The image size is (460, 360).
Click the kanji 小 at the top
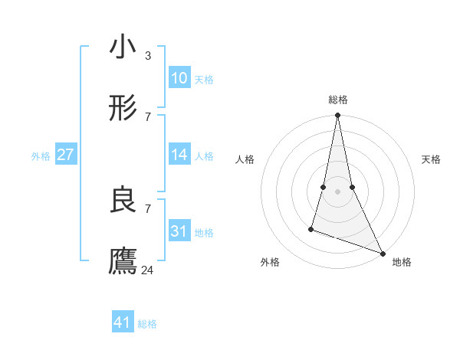click(123, 47)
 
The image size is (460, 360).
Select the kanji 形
click(123, 110)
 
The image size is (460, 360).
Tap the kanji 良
click(123, 201)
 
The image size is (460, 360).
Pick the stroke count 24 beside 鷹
click(148, 270)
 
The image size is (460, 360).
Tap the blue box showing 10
click(179, 78)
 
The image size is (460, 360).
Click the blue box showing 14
click(179, 155)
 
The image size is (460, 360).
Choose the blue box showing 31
click(179, 231)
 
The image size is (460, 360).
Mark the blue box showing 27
click(65, 155)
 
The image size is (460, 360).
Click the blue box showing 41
click(123, 322)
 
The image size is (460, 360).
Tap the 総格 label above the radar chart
click(337, 100)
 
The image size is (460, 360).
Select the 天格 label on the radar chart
click(431, 159)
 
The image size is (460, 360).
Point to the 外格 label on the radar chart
click(270, 262)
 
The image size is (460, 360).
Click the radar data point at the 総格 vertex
click(337, 116)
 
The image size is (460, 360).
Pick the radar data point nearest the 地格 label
click(382, 253)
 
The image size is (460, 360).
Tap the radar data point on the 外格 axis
click(311, 228)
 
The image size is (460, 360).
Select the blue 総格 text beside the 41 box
click(147, 324)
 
